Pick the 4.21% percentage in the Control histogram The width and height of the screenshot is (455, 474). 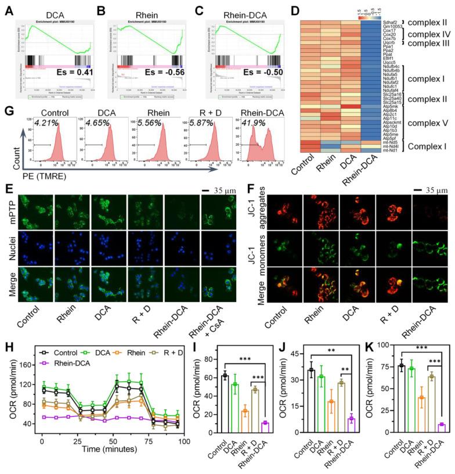click(x=42, y=123)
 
